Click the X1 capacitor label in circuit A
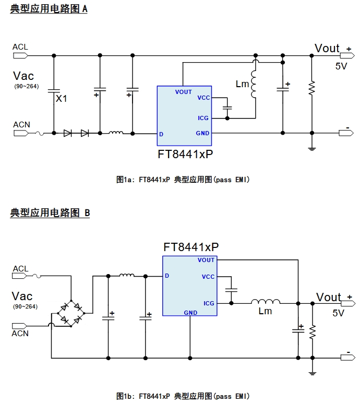pos(62,98)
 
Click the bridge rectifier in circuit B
pos(71,313)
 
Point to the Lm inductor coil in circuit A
pos(254,83)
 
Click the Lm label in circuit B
pos(265,311)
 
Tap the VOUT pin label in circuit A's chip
pos(184,92)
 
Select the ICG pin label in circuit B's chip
pos(209,303)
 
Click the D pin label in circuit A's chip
pos(161,134)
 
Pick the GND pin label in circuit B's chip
pos(190,313)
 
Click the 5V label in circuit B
pos(339,313)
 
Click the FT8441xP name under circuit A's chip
pos(185,155)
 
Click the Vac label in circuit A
pos(23,76)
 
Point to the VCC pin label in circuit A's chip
pos(203,98)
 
